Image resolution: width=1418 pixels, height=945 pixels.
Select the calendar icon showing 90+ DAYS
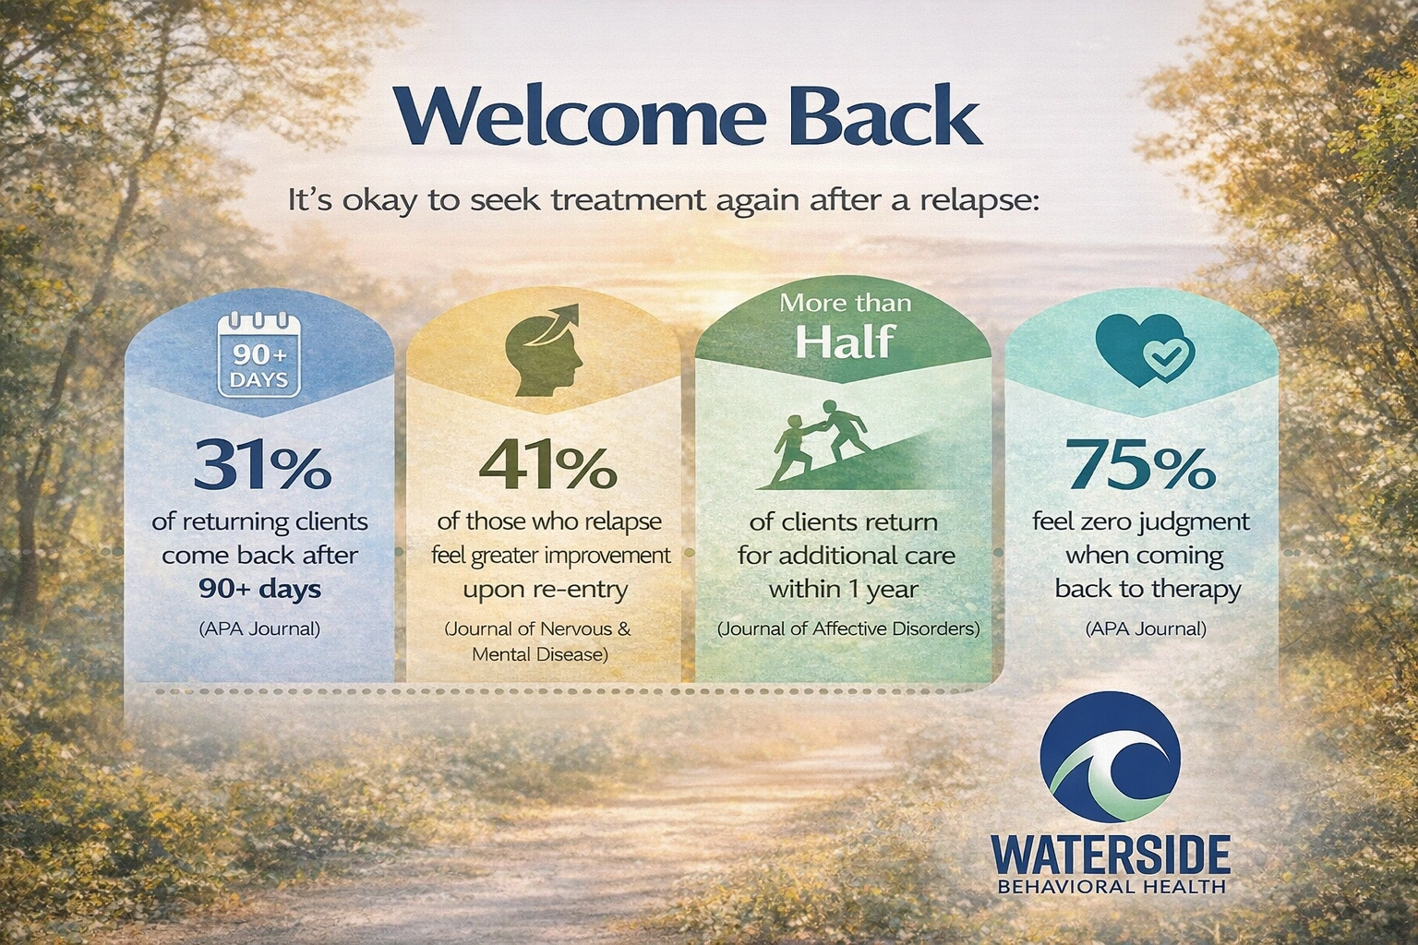click(259, 356)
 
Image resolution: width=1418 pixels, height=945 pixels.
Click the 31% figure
click(261, 466)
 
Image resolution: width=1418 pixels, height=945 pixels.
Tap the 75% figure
click(1141, 466)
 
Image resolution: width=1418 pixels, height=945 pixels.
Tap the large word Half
click(844, 341)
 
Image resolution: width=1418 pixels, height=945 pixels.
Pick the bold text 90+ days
click(259, 589)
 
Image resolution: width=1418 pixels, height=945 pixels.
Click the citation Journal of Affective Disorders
click(847, 630)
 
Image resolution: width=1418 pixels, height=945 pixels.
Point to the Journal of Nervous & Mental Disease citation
click(538, 642)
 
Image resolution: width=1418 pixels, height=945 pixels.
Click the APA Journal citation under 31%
click(259, 630)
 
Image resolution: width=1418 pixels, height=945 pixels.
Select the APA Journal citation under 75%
click(1146, 630)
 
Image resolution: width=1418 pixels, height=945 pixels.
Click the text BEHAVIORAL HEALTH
click(1112, 887)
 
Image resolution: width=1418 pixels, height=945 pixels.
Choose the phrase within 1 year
click(843, 589)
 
